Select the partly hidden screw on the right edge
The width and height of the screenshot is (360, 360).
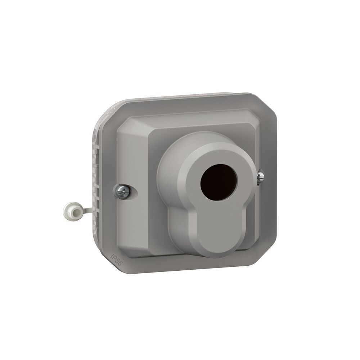click(x=260, y=177)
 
